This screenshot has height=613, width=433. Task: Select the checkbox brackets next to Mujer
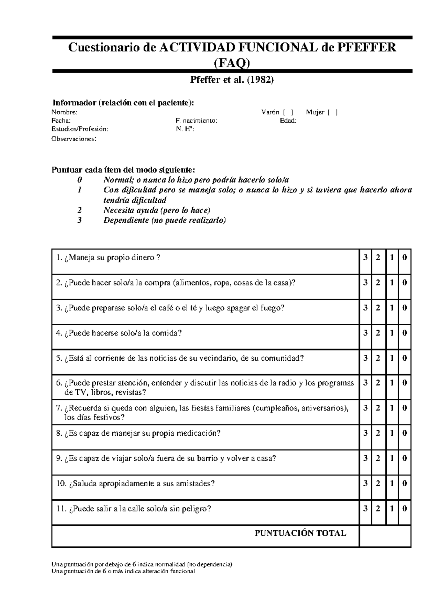pos(332,112)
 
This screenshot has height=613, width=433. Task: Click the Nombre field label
pos(64,112)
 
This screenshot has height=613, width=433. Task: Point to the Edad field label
pos(288,121)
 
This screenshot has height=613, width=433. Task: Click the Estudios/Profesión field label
pos(79,129)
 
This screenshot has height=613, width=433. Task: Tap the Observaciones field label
pos(74,139)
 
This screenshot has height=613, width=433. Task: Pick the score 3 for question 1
pos(366,258)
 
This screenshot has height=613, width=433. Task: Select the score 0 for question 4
pos(404,333)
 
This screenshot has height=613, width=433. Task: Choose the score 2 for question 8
pos(378,433)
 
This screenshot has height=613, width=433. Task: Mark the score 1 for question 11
pos(392,509)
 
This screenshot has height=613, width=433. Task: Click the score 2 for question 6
pos(378,383)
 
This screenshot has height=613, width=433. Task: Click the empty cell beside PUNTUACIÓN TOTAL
pos(385,536)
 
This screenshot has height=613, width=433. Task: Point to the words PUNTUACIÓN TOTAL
pos(301,533)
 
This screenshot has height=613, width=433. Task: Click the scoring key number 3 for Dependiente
pos(80,220)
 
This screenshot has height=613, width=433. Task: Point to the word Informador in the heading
pos(74,103)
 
